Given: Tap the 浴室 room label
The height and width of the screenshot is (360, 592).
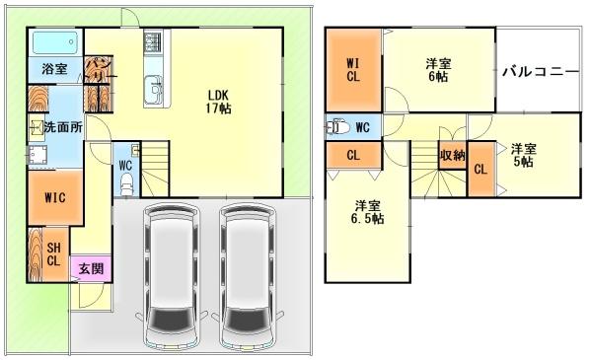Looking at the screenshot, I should pyautogui.click(x=55, y=69).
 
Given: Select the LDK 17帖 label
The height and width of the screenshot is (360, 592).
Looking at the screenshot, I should pyautogui.click(x=219, y=102).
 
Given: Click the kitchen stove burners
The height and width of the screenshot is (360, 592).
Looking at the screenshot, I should pyautogui.click(x=154, y=42).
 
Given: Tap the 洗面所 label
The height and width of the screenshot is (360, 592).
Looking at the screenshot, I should pyautogui.click(x=62, y=127).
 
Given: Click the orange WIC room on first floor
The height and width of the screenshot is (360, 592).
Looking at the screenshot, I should pyautogui.click(x=55, y=196).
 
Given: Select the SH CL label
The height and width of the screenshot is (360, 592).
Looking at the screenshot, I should pyautogui.click(x=53, y=254).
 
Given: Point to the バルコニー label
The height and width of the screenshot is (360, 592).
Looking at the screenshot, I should pyautogui.click(x=540, y=72).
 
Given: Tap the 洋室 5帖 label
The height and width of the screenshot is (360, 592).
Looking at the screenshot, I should pyautogui.click(x=522, y=156).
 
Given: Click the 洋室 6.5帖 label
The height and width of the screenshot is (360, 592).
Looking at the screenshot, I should pyautogui.click(x=369, y=212).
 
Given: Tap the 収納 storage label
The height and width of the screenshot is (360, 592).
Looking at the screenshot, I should pyautogui.click(x=453, y=155).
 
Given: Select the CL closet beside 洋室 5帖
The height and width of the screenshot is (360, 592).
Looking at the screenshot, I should pyautogui.click(x=480, y=169).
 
